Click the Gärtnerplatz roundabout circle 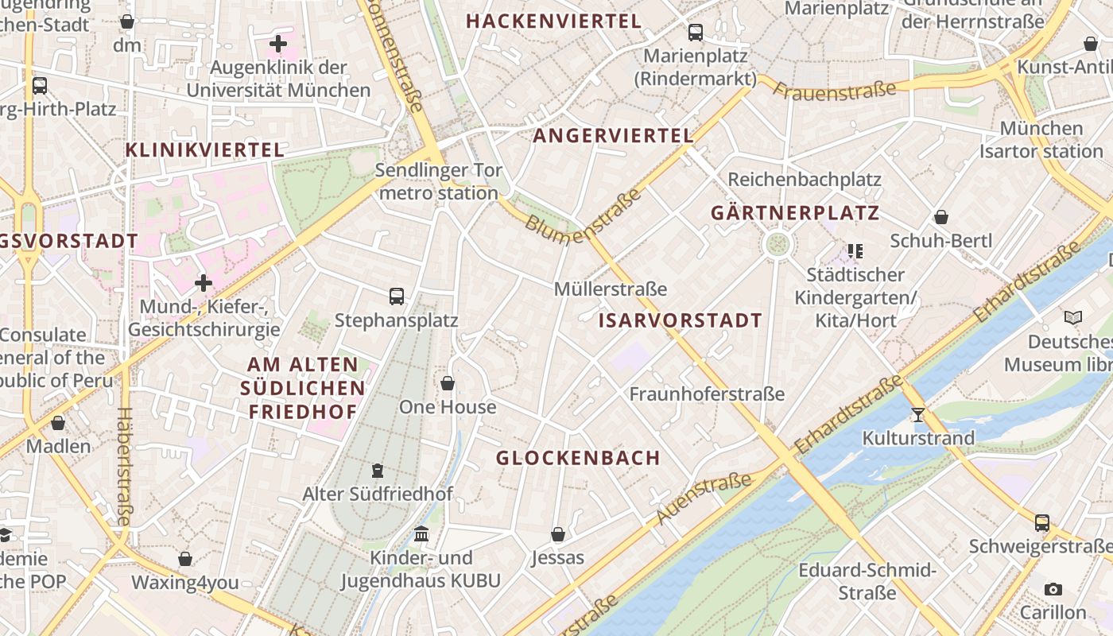pyautogui.click(x=778, y=244)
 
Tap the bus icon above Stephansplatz pyautogui.click(x=397, y=297)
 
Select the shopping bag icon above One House pyautogui.click(x=448, y=383)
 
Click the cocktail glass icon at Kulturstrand pyautogui.click(x=918, y=414)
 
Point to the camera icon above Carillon pyautogui.click(x=1053, y=589)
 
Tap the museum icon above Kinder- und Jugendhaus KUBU pyautogui.click(x=421, y=533)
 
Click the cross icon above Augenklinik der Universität pyautogui.click(x=278, y=44)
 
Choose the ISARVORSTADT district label pyautogui.click(x=680, y=321)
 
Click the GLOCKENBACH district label pyautogui.click(x=578, y=458)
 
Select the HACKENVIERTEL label pyautogui.click(x=553, y=21)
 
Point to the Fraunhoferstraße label pyautogui.click(x=707, y=394)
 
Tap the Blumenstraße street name pyautogui.click(x=583, y=211)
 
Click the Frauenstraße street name pyautogui.click(x=834, y=91)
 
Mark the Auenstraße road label pyautogui.click(x=703, y=499)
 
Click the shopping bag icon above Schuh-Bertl pyautogui.click(x=941, y=217)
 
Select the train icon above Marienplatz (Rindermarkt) pyautogui.click(x=696, y=33)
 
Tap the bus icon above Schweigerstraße pyautogui.click(x=1041, y=523)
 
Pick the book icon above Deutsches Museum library pyautogui.click(x=1073, y=318)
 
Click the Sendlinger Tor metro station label pyautogui.click(x=438, y=181)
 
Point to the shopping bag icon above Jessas pyautogui.click(x=558, y=533)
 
